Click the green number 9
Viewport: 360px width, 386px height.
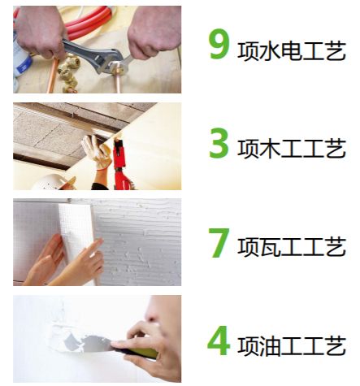(x=219, y=44)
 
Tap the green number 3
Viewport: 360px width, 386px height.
(x=219, y=143)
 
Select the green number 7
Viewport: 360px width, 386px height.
(x=219, y=243)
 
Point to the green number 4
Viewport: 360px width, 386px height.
(x=219, y=340)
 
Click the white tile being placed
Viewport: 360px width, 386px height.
(x=77, y=238)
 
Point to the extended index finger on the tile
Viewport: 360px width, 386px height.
(x=95, y=246)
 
